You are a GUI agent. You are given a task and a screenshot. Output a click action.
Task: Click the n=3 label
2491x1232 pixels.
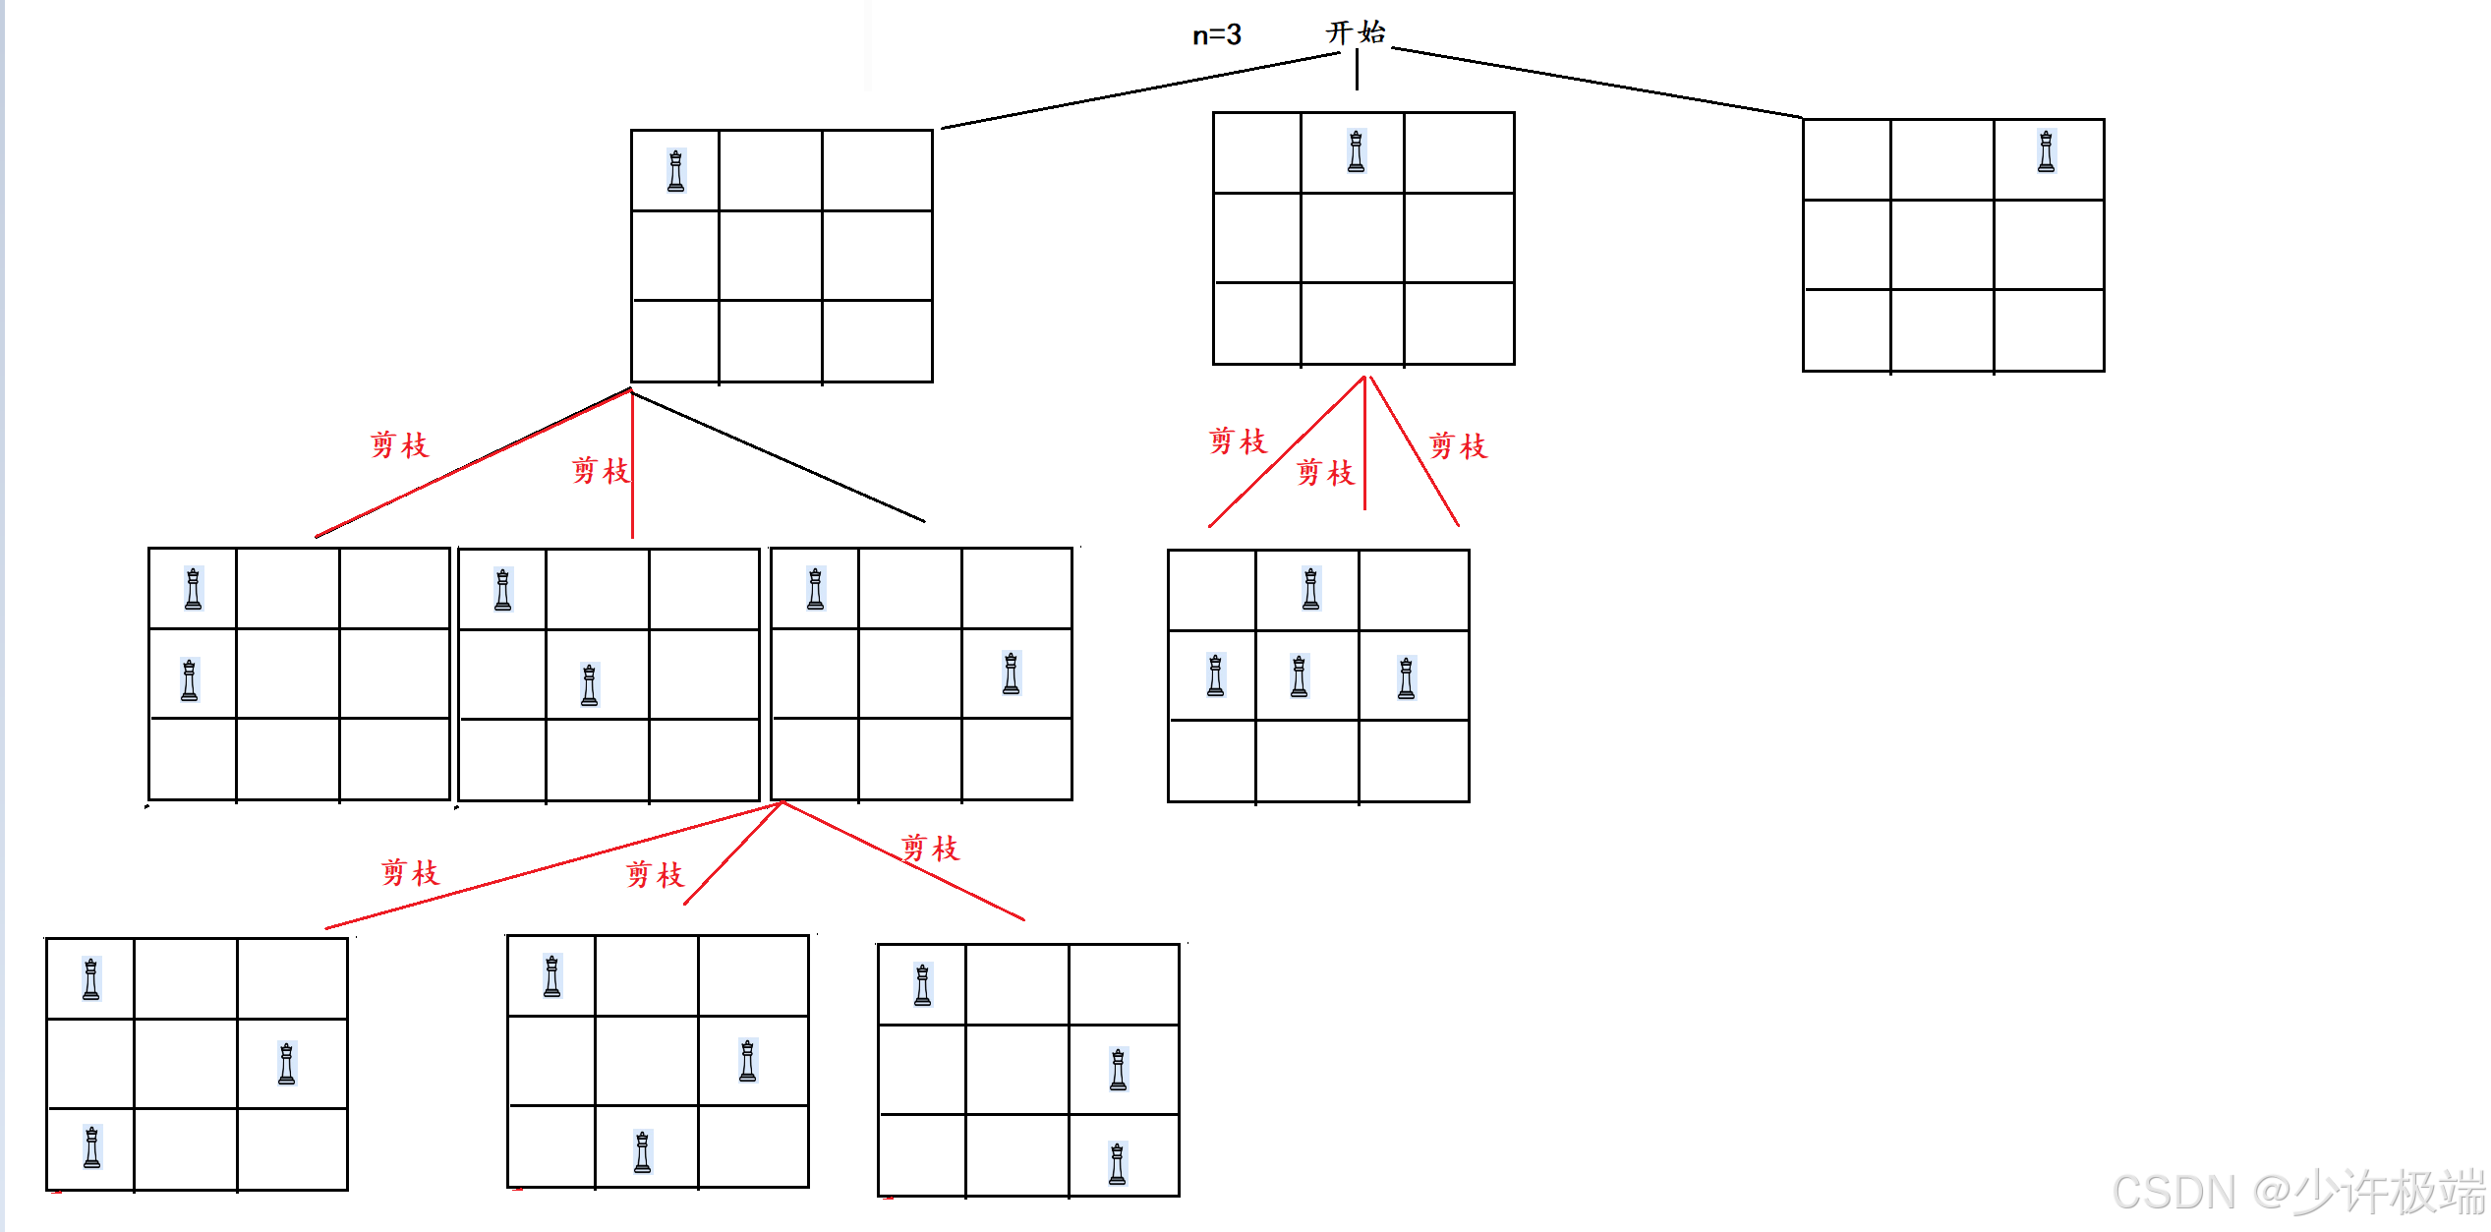coord(1216,35)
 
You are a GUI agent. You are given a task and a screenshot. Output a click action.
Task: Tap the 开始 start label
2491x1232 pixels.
coord(1356,32)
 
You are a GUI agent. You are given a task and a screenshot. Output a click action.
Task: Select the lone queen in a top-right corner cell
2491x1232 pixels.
coord(2046,151)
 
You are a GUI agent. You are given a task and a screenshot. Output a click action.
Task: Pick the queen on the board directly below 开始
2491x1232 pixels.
coord(1356,151)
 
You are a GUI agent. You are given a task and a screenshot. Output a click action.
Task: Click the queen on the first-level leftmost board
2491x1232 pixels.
coord(675,171)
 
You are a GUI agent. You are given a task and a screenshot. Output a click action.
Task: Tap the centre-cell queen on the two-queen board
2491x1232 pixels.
coord(589,685)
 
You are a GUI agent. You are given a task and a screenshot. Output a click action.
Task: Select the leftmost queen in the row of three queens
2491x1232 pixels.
coord(1215,675)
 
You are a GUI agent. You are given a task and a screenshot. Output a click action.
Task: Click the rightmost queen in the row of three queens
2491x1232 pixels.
coord(1406,678)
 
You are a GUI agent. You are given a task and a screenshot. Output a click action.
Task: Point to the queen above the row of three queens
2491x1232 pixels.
coord(1310,589)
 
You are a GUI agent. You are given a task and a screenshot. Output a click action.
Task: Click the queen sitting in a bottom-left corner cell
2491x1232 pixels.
coord(91,1147)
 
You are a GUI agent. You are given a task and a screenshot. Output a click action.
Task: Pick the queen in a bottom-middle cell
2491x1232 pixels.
coord(642,1152)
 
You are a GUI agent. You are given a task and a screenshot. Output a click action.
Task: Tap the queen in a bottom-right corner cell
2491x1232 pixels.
coord(1117,1163)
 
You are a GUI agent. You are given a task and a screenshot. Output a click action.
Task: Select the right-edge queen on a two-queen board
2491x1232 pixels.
coord(1011,674)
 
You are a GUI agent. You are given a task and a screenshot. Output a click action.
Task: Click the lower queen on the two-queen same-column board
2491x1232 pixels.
coord(190,680)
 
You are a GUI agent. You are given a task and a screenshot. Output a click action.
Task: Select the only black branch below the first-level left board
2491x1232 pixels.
coord(777,456)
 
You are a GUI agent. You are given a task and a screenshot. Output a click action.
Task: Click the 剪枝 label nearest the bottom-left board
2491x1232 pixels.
coord(410,872)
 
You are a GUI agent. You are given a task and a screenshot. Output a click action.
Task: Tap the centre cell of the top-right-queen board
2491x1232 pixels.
coord(1941,245)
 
